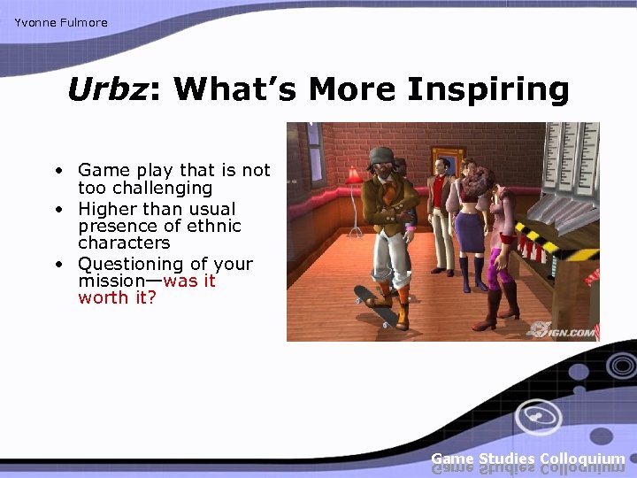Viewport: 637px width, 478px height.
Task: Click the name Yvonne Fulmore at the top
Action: click(61, 23)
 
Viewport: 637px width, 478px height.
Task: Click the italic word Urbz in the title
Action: click(106, 90)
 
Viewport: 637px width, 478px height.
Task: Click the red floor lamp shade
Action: click(355, 174)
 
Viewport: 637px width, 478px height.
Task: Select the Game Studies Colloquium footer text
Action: click(527, 459)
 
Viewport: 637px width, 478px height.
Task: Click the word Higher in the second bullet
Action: click(107, 209)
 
